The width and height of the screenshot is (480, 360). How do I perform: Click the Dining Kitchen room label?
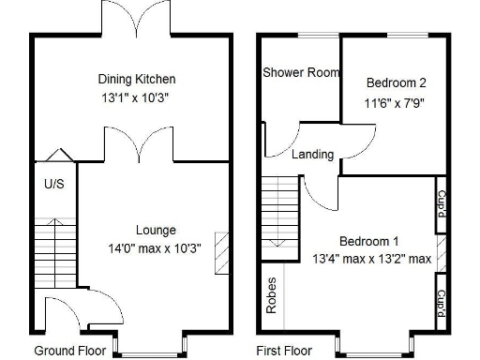137,79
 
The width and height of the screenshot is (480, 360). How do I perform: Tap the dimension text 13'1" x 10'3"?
137,97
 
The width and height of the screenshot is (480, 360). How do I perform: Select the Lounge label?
156,230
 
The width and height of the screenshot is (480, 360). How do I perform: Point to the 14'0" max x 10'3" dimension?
156,248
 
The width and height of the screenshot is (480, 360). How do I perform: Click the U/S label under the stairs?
53,184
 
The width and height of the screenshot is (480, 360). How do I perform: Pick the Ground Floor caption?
67,351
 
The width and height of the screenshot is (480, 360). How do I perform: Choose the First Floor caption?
284,351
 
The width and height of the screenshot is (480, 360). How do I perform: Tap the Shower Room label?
300,72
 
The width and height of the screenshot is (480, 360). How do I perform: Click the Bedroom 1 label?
368,240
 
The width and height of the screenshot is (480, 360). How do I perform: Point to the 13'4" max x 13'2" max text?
371,259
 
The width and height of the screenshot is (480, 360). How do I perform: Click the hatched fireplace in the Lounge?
221,252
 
